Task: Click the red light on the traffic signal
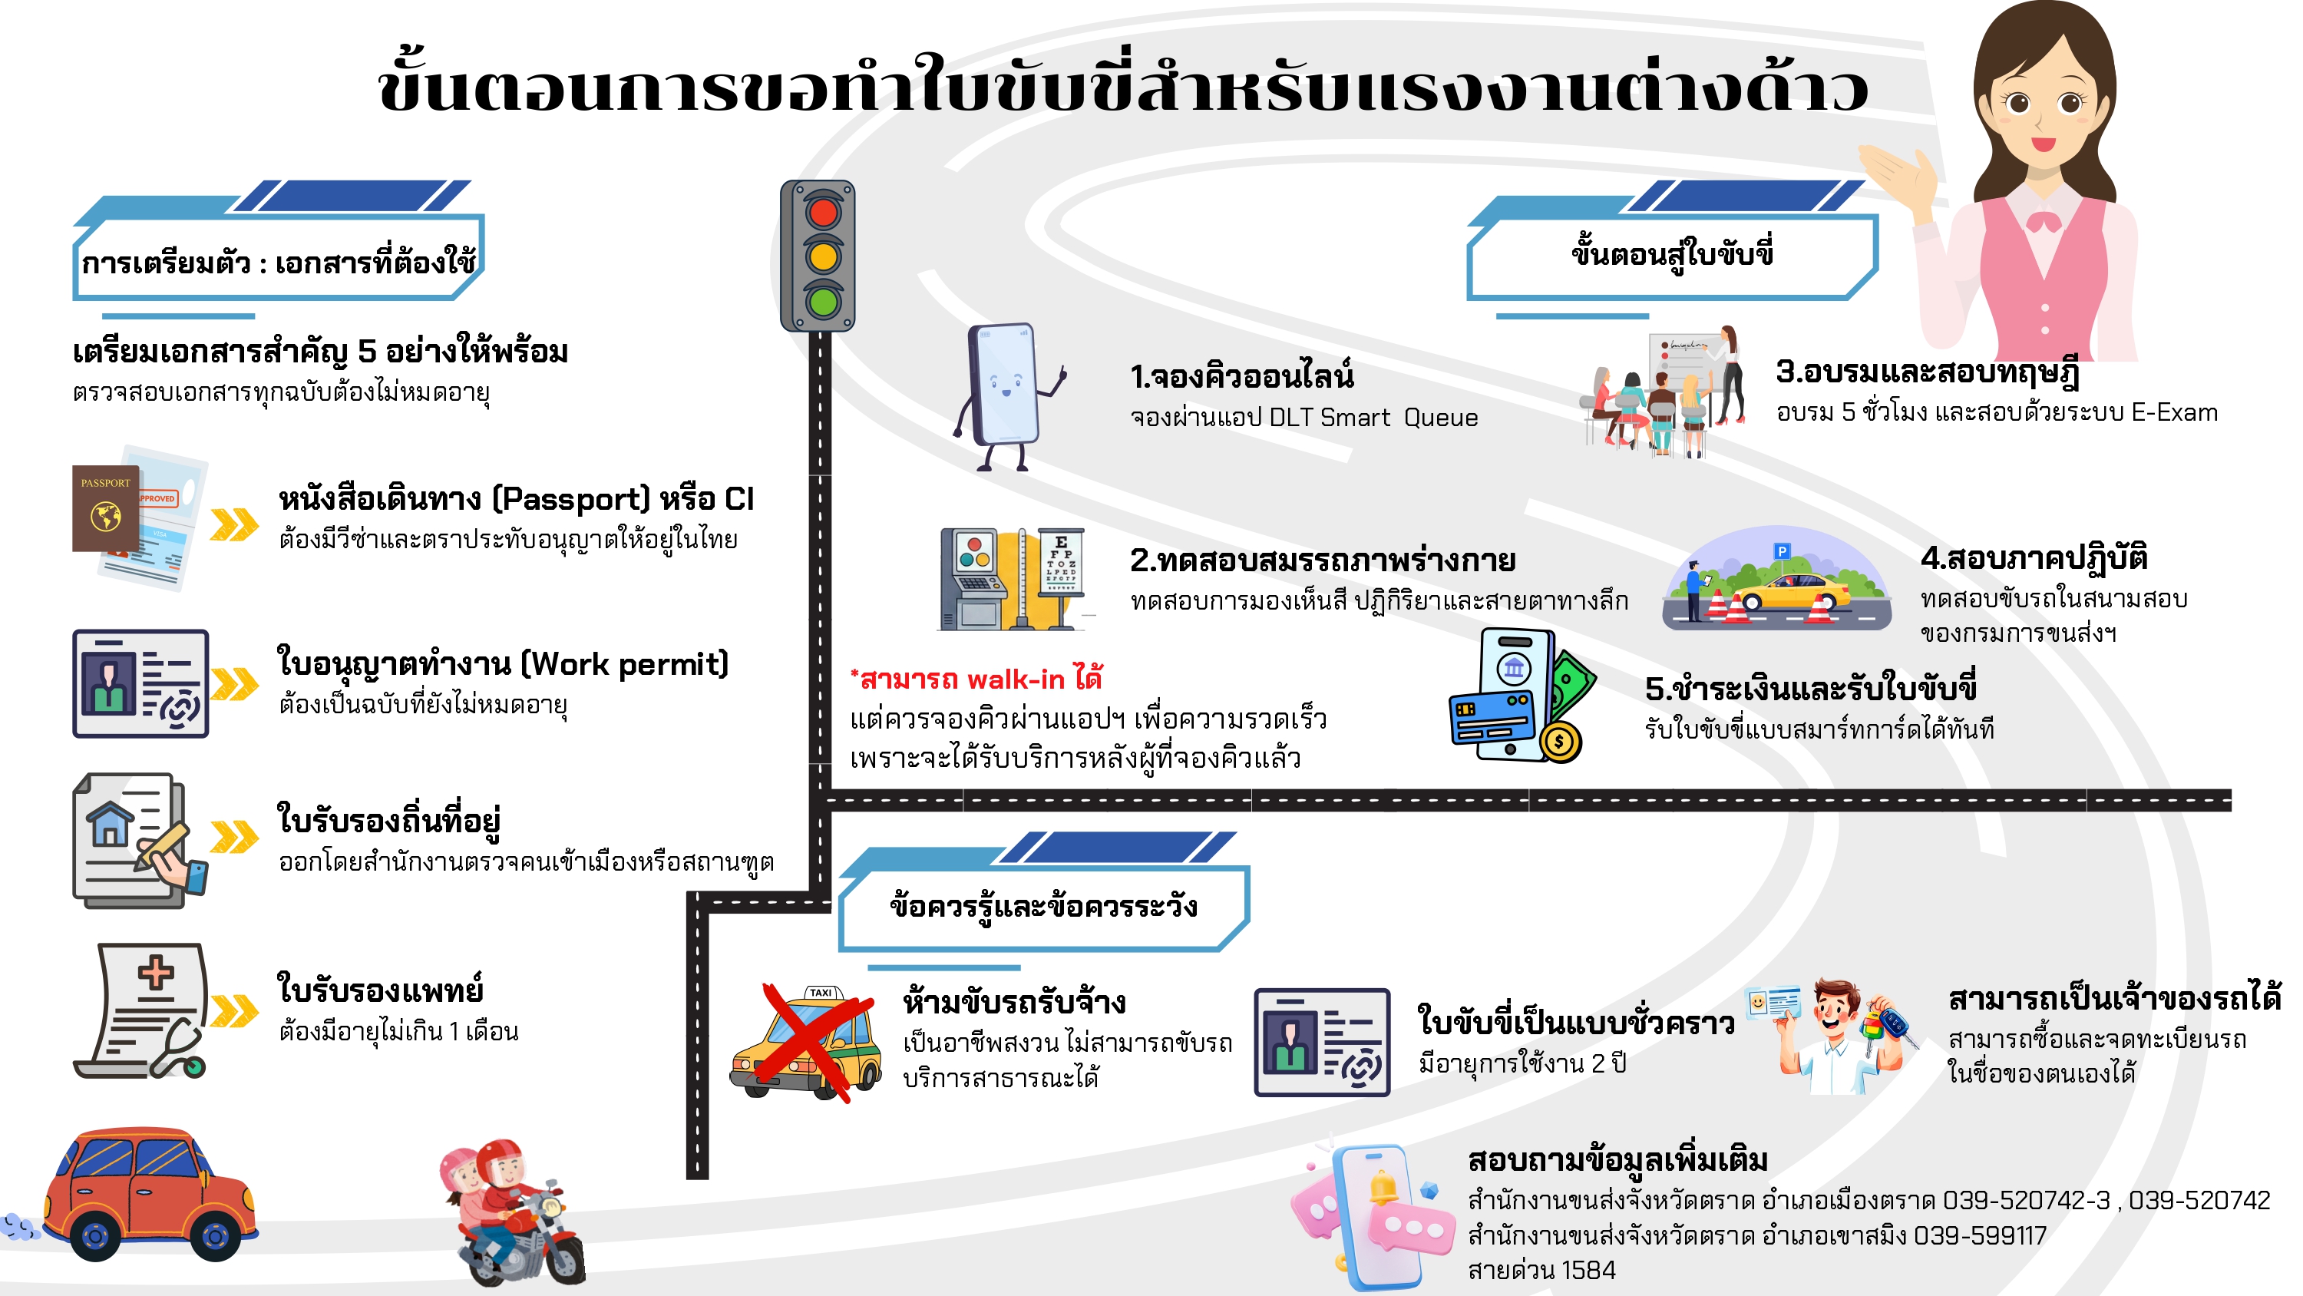(x=822, y=213)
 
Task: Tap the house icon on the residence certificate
(x=110, y=824)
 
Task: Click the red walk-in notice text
(x=976, y=679)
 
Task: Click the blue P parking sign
(x=1783, y=551)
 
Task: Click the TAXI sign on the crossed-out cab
(x=821, y=993)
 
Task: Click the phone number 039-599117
(x=1979, y=1236)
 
